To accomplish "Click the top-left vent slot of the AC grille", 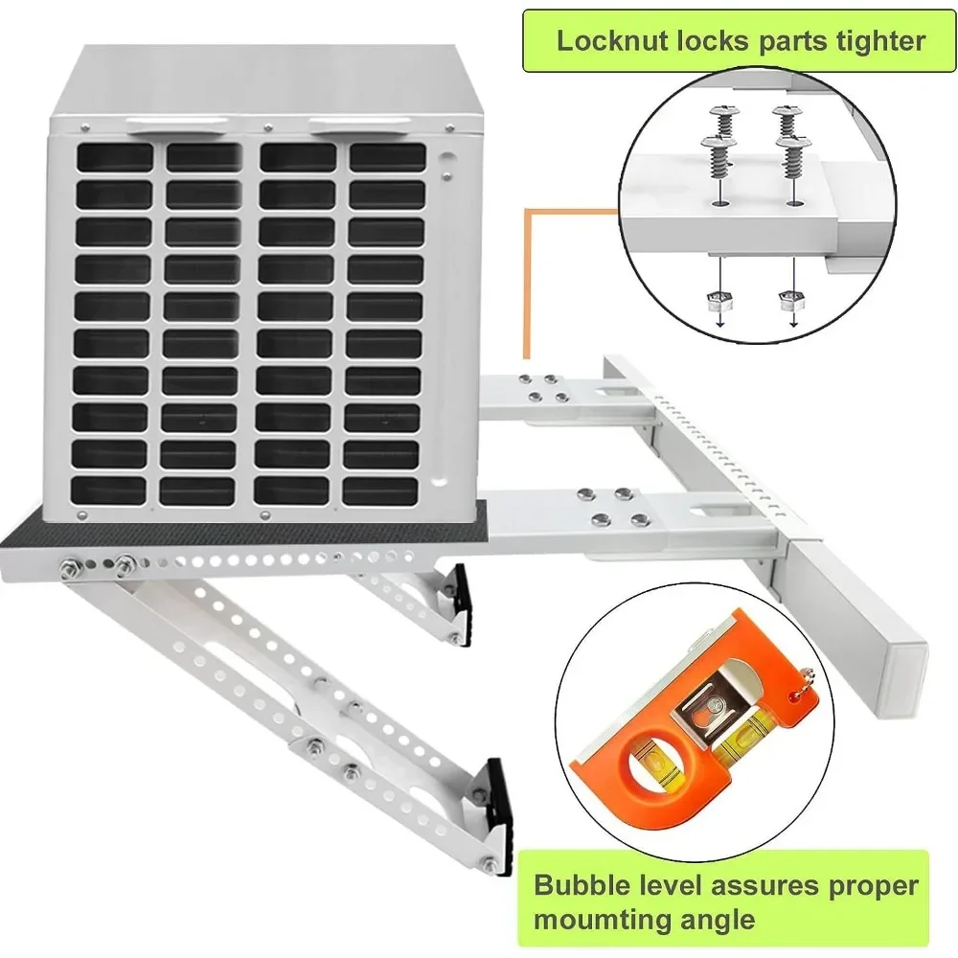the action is point(115,157).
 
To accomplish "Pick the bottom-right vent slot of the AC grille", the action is point(380,490).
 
